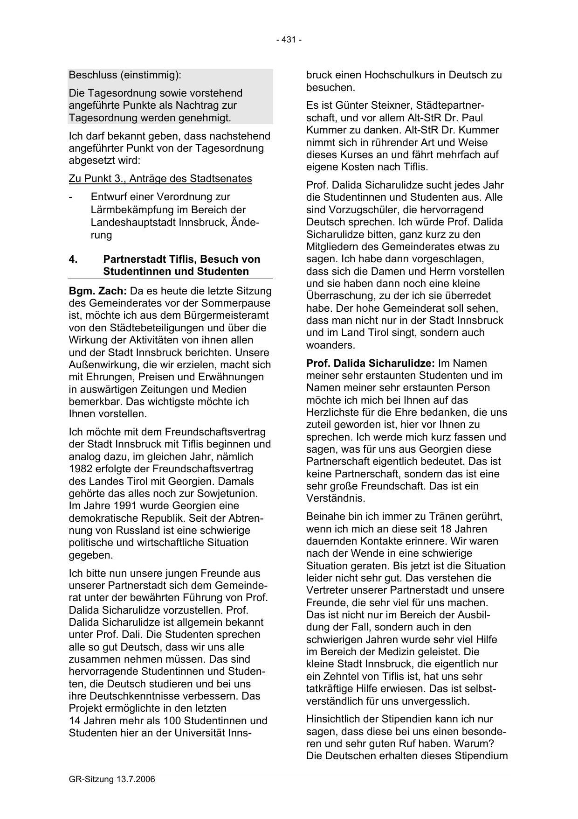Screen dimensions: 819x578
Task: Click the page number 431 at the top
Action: pyautogui.click(x=289, y=40)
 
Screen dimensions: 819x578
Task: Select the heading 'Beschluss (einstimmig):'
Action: pyautogui.click(x=125, y=75)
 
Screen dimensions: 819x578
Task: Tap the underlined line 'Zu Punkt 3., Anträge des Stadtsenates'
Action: pyautogui.click(x=160, y=178)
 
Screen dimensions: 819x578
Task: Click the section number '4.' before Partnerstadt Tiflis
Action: pyautogui.click(x=73, y=259)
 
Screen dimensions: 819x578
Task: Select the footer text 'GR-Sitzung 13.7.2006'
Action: pyautogui.click(x=112, y=780)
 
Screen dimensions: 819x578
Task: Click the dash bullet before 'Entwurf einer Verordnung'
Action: pyautogui.click(x=70, y=197)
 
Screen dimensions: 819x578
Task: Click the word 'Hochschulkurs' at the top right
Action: pyautogui.click(x=405, y=75)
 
